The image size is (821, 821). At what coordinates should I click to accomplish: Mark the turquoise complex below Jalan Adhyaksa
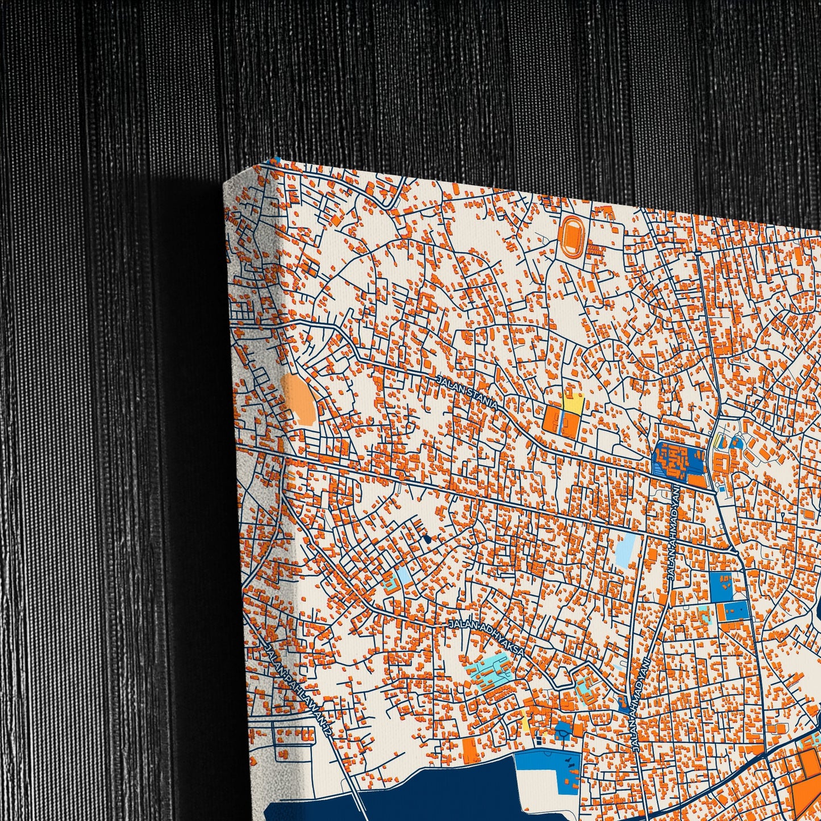pos(488,672)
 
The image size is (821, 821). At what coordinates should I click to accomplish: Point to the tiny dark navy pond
pos(427,537)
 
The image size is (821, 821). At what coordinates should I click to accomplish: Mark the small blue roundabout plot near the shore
pos(563,730)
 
